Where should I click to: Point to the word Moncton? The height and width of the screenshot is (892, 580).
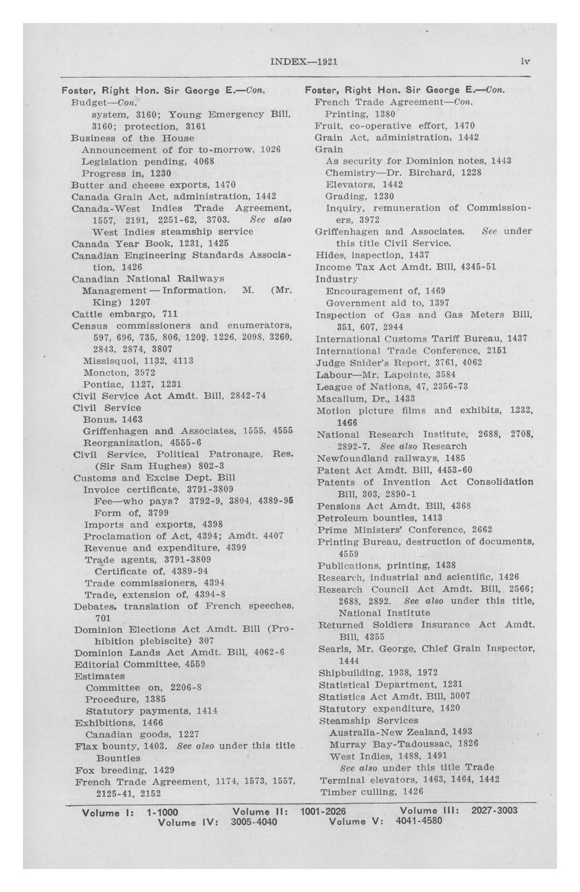click(100, 373)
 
